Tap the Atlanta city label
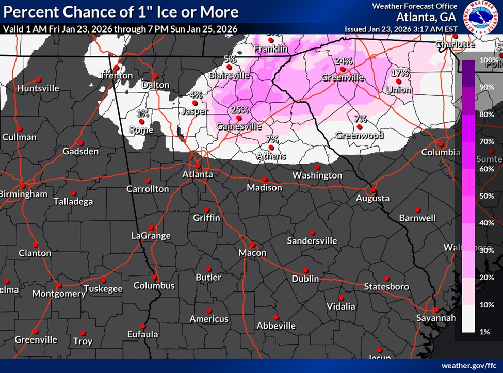198,174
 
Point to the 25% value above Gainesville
239,110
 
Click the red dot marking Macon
253,245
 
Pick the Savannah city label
436,318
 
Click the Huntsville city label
38,88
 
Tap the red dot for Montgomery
59,285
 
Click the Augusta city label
372,198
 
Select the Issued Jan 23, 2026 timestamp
401,29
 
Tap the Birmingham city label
24,194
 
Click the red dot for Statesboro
386,278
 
